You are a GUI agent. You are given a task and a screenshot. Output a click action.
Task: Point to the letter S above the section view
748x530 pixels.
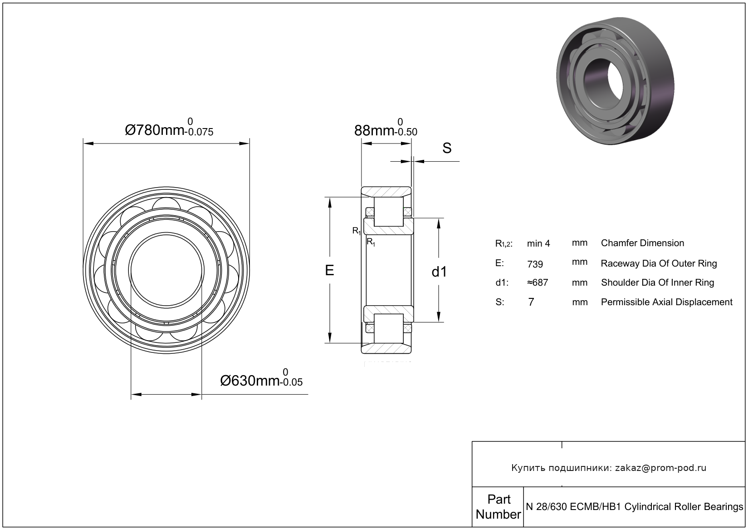[x=447, y=148]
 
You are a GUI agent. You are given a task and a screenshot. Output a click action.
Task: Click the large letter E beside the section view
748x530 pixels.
[x=329, y=270]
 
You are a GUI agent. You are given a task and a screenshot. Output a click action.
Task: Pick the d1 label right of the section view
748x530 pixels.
[x=439, y=272]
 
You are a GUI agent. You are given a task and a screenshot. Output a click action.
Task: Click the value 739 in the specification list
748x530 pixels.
[x=535, y=264]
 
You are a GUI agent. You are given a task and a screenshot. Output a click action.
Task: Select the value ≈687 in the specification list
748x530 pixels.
[x=537, y=282]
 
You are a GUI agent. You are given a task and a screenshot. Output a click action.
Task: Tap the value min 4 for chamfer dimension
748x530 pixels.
[x=538, y=243]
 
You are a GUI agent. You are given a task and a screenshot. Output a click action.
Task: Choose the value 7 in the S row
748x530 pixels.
[x=531, y=302]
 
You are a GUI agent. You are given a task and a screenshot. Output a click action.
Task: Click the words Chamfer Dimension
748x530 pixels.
[x=642, y=243]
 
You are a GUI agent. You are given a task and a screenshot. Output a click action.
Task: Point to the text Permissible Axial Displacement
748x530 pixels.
[x=666, y=302]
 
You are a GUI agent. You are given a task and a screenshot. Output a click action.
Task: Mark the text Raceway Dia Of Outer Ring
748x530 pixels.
[x=659, y=263]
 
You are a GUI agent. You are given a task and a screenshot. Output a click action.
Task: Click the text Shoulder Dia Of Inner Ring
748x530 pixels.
[x=657, y=282]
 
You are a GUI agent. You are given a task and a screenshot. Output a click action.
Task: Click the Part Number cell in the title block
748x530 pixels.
[x=498, y=506]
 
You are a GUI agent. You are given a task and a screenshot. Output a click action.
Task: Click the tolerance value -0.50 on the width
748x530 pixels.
[x=406, y=132]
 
